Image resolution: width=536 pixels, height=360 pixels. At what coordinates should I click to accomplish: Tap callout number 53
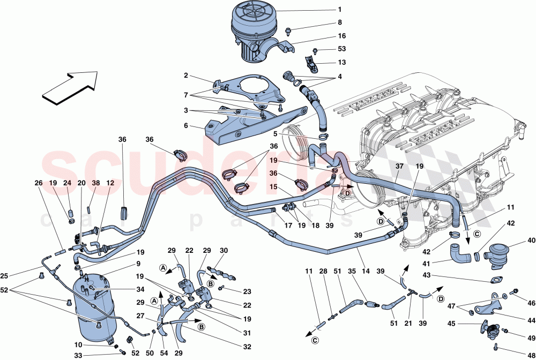click(341, 49)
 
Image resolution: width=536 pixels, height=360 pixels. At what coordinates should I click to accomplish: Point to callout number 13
click(341, 62)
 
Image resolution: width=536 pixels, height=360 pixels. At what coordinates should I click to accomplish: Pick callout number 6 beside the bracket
click(185, 125)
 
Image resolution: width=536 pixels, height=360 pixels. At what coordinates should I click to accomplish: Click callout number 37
click(398, 167)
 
